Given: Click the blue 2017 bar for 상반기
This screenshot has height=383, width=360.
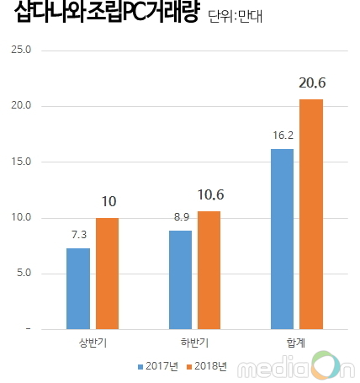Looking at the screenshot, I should [x=77, y=288].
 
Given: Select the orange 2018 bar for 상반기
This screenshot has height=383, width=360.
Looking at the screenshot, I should [x=107, y=273].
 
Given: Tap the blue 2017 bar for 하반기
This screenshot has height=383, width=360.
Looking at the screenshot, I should [x=180, y=279].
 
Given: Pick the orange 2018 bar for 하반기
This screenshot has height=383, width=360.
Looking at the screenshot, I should [x=209, y=269].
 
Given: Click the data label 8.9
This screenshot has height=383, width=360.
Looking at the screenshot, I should [x=180, y=220].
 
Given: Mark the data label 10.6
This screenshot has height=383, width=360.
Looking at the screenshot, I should [x=209, y=195].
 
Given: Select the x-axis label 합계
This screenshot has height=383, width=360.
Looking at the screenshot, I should [x=296, y=343].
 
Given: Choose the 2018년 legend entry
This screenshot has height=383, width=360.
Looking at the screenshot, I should [x=208, y=366].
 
